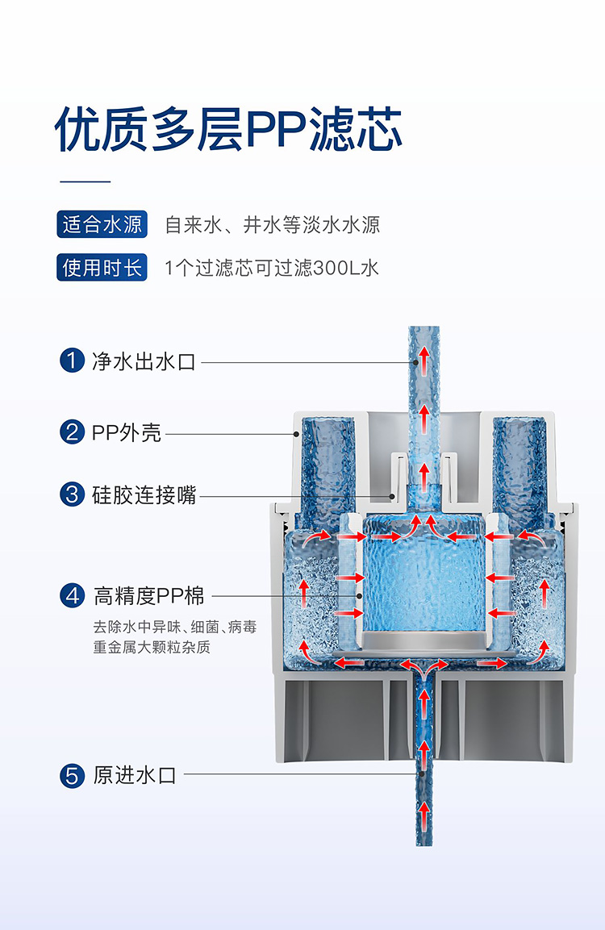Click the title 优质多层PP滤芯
(x=228, y=129)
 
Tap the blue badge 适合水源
(x=102, y=224)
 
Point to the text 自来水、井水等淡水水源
(x=272, y=224)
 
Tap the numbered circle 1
(x=73, y=361)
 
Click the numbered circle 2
(x=73, y=432)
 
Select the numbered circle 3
(x=73, y=494)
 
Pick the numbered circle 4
(x=73, y=596)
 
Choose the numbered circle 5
(x=73, y=776)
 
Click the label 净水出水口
(x=144, y=361)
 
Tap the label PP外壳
(x=127, y=432)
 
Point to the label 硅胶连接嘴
(x=144, y=494)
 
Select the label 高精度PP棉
(x=149, y=596)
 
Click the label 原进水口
(x=134, y=776)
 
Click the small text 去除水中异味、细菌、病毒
(x=175, y=627)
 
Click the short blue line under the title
(x=85, y=181)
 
